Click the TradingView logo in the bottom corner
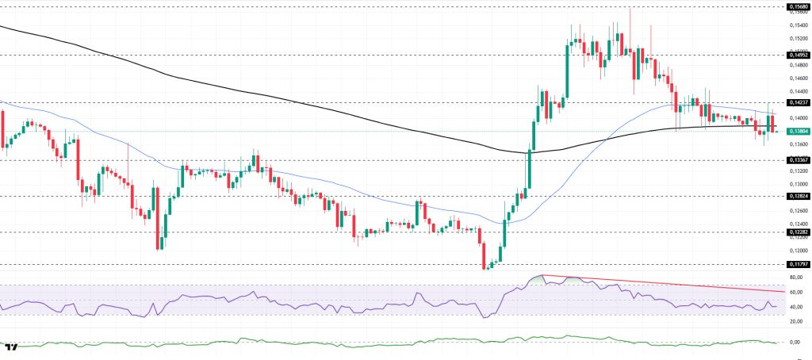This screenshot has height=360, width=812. pyautogui.click(x=11, y=347)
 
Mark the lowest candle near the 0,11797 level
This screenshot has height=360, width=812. pyautogui.click(x=485, y=265)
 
